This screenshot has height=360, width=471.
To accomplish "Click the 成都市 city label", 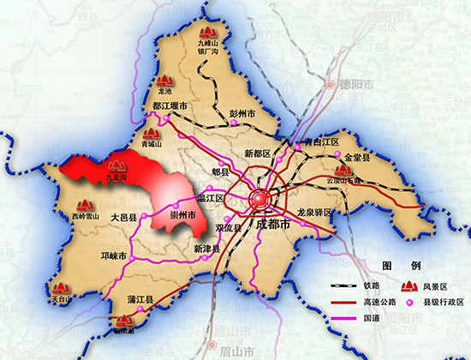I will click(273, 225).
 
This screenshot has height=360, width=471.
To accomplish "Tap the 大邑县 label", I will click(124, 219).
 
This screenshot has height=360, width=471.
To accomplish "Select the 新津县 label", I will click(207, 249).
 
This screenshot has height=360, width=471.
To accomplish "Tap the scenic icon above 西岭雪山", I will click(84, 205).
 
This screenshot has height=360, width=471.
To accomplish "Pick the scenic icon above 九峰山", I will click(209, 29).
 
